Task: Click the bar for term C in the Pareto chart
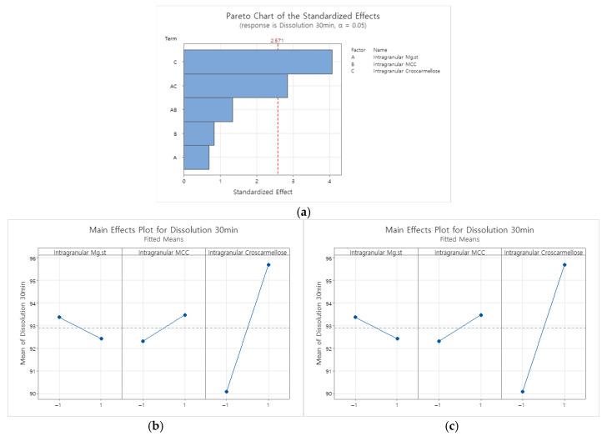(x=258, y=62)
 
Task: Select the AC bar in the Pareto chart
(x=235, y=86)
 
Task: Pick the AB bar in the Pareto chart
(x=208, y=110)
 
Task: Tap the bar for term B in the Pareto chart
(x=198, y=133)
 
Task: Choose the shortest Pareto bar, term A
(x=196, y=157)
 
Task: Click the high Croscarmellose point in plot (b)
(x=268, y=264)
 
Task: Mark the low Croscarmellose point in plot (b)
(x=226, y=392)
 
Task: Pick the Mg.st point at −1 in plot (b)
(x=58, y=317)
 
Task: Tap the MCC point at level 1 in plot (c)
(x=480, y=315)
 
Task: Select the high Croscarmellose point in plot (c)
(x=564, y=264)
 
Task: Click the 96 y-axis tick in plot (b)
(x=32, y=258)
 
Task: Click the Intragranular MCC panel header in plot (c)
(x=459, y=251)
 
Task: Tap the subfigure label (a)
(x=303, y=212)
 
